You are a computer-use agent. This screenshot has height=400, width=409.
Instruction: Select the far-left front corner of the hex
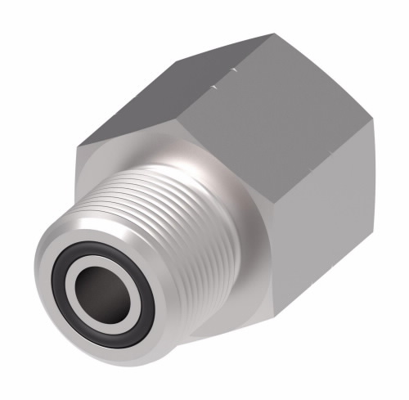pos(77,147)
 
